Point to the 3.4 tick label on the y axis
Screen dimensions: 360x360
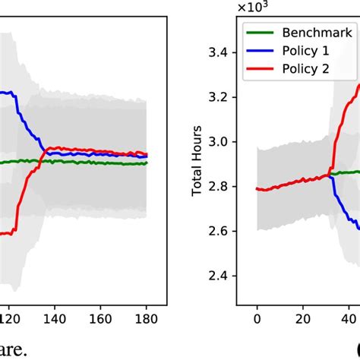[x=225, y=52]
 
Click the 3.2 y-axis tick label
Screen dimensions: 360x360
[x=225, y=97]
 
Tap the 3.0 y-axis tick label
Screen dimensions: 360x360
[x=225, y=142]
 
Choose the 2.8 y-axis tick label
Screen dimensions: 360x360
[x=225, y=186]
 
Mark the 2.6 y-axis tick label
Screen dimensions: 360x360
[x=225, y=231]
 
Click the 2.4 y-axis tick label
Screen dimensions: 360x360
[x=225, y=276]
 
